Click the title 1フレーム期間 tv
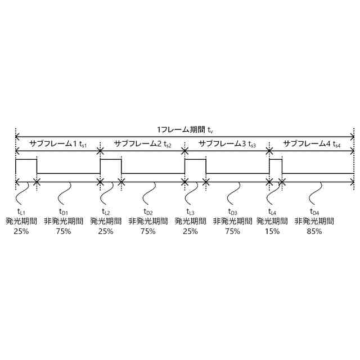pyautogui.click(x=185, y=129)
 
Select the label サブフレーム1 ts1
pyautogui.click(x=58, y=145)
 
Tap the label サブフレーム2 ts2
pyautogui.click(x=143, y=145)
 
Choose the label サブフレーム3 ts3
pyautogui.click(x=227, y=145)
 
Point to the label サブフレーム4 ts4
pyautogui.click(x=312, y=145)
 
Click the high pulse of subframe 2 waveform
pyautogui.click(x=111, y=160)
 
